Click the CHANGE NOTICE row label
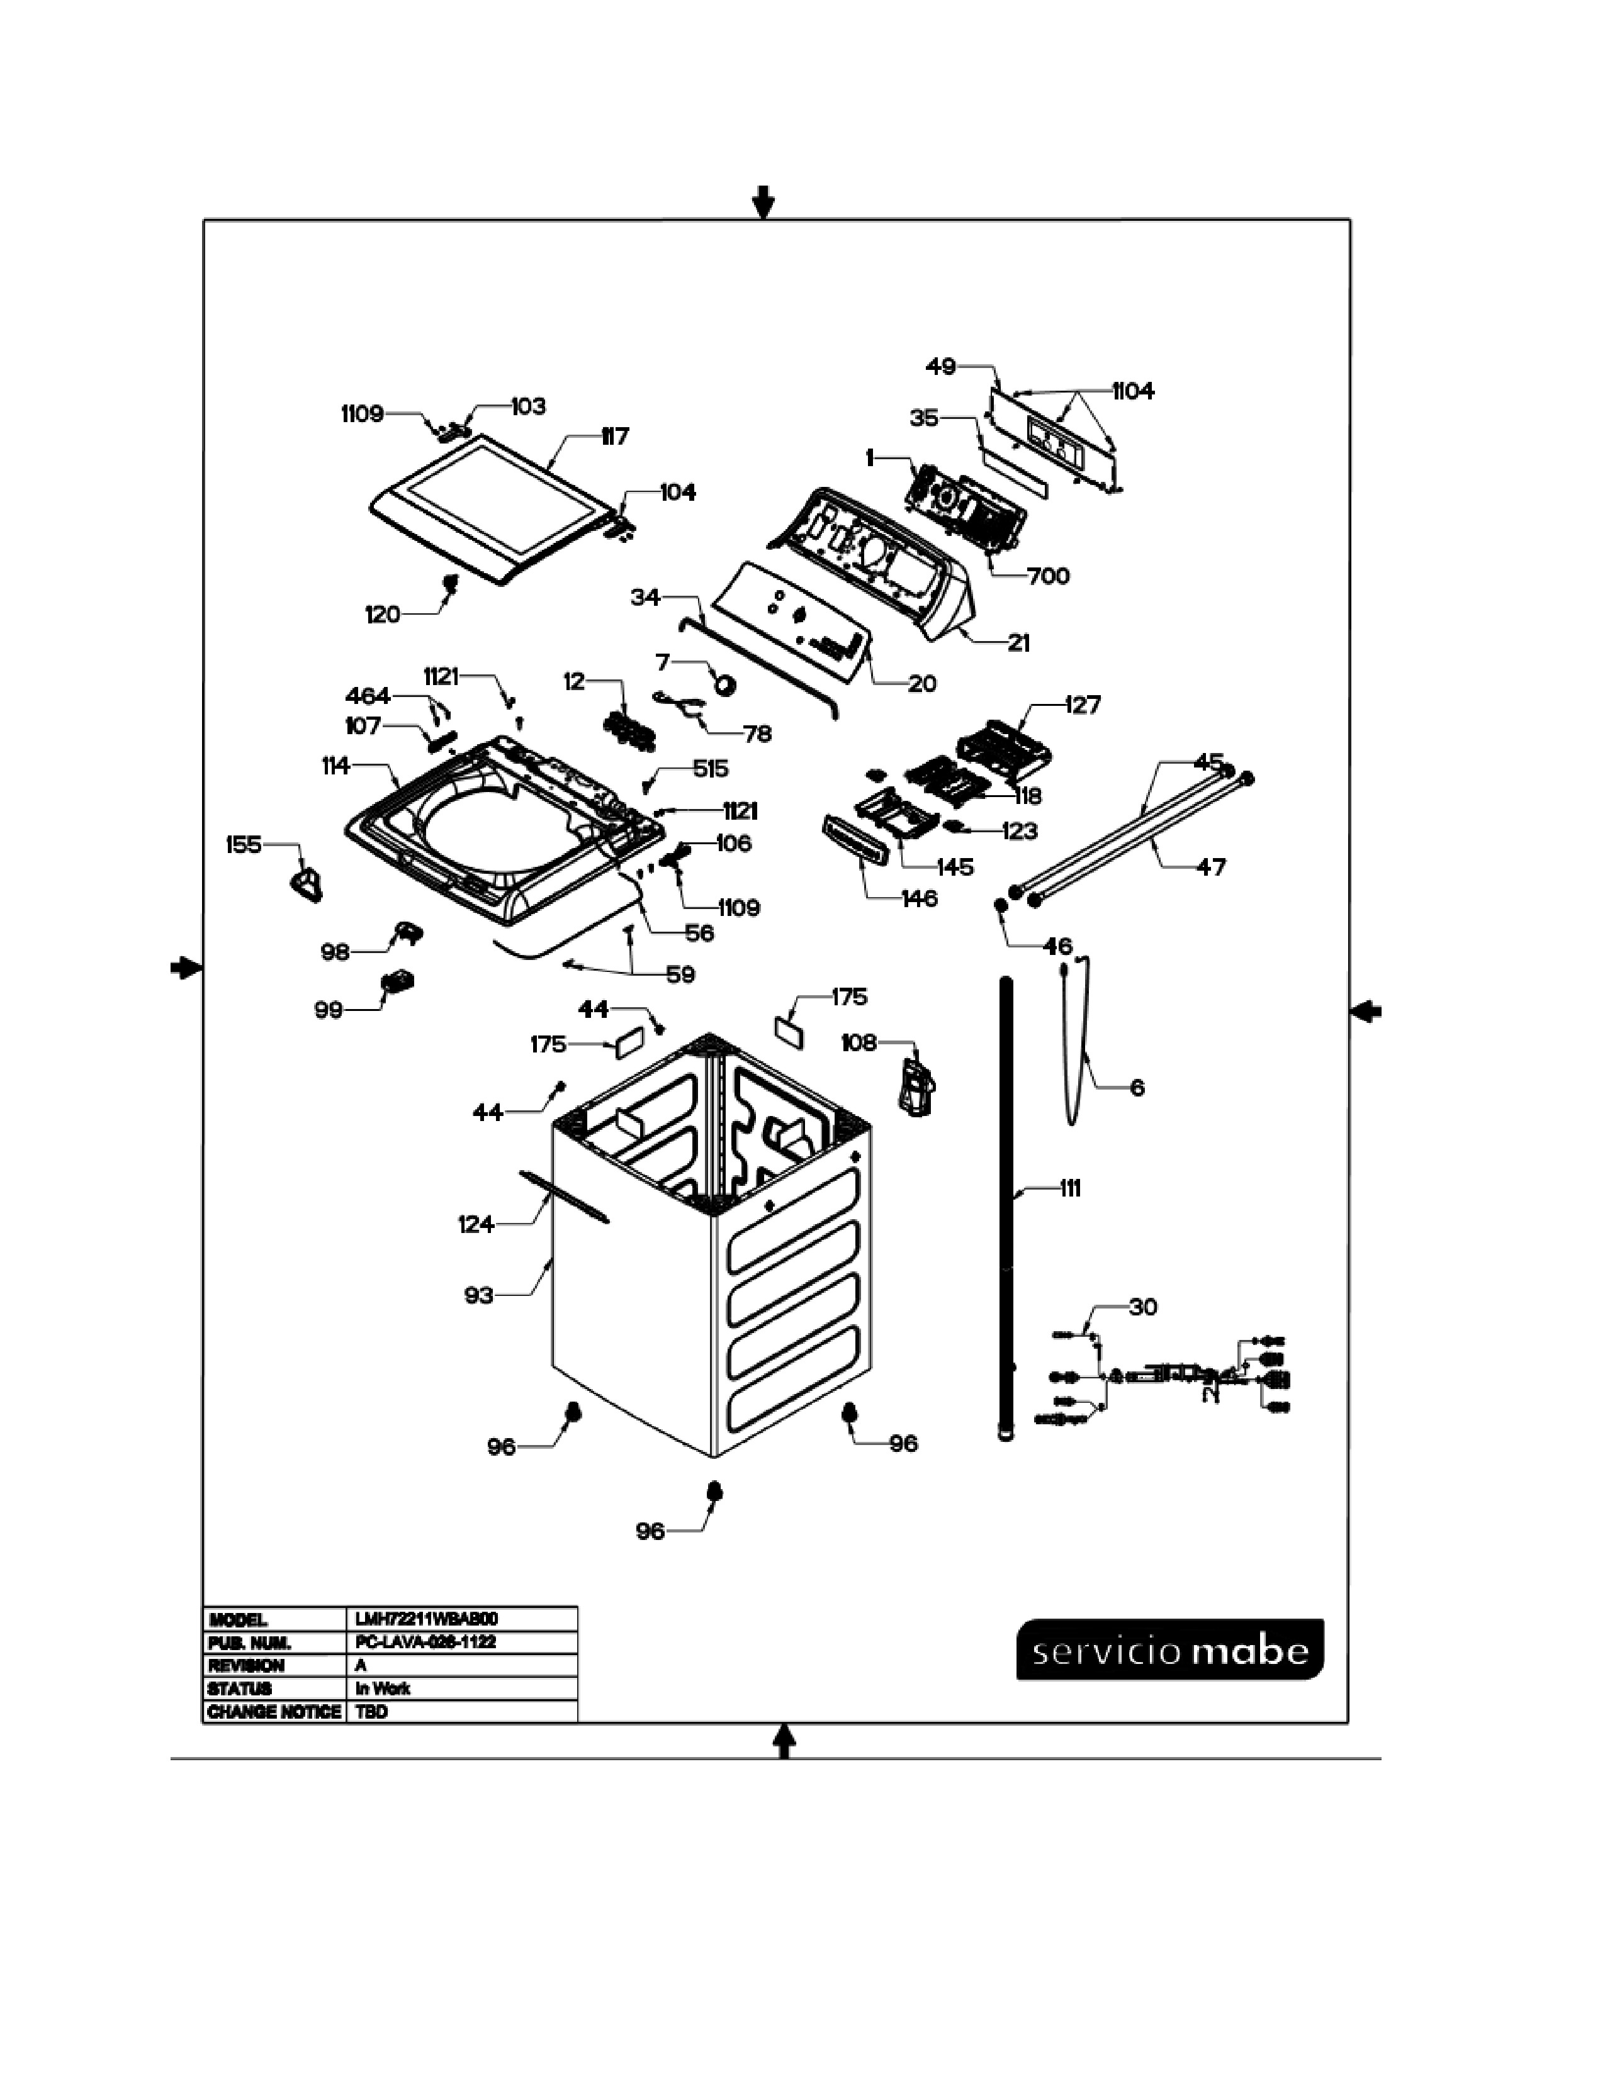coord(274,1712)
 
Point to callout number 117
coord(614,437)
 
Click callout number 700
coord(1048,576)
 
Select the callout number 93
coord(478,1295)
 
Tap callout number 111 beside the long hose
coord(1069,1188)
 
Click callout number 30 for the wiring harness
coord(1143,1307)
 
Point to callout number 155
coord(244,844)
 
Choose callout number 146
coord(920,898)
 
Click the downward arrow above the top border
coord(763,201)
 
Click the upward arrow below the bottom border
coord(784,1741)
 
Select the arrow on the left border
coord(186,968)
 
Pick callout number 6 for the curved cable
coord(1137,1088)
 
